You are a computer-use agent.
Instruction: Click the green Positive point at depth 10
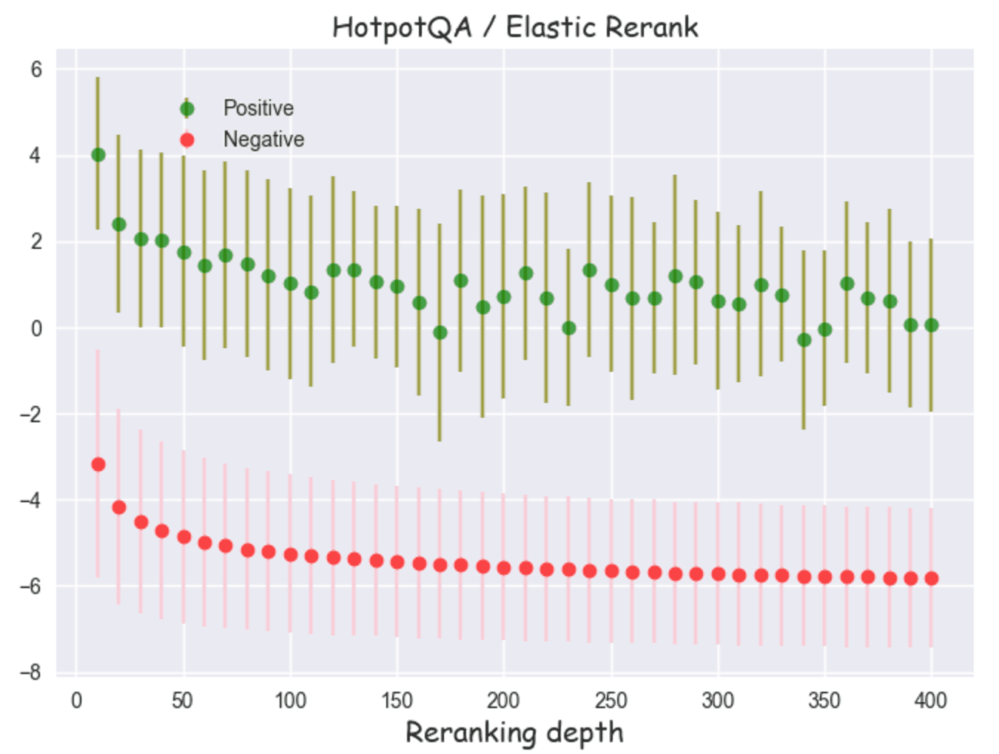point(98,155)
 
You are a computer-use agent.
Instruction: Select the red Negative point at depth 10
point(98,464)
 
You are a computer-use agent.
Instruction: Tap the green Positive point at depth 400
point(931,325)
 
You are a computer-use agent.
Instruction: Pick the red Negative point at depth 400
point(931,578)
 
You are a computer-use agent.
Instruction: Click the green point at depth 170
point(440,333)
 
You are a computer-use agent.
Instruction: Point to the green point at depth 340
point(804,340)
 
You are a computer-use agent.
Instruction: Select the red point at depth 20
point(119,507)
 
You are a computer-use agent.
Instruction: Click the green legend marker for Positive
point(187,109)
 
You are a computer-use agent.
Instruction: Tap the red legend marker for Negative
point(187,140)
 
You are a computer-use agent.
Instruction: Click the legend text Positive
point(258,108)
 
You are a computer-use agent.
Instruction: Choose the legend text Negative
point(263,139)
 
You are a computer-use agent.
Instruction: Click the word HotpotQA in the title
point(402,28)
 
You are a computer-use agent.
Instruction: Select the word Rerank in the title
point(652,27)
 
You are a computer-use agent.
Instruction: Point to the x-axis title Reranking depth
point(514,733)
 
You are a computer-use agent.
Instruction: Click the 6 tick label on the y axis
point(36,70)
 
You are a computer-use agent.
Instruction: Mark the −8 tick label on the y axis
point(30,673)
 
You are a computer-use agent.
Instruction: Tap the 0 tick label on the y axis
point(36,328)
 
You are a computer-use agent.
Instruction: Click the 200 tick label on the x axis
point(503,700)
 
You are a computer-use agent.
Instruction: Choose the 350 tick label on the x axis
point(824,700)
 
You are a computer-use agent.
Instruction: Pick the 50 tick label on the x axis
point(183,700)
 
